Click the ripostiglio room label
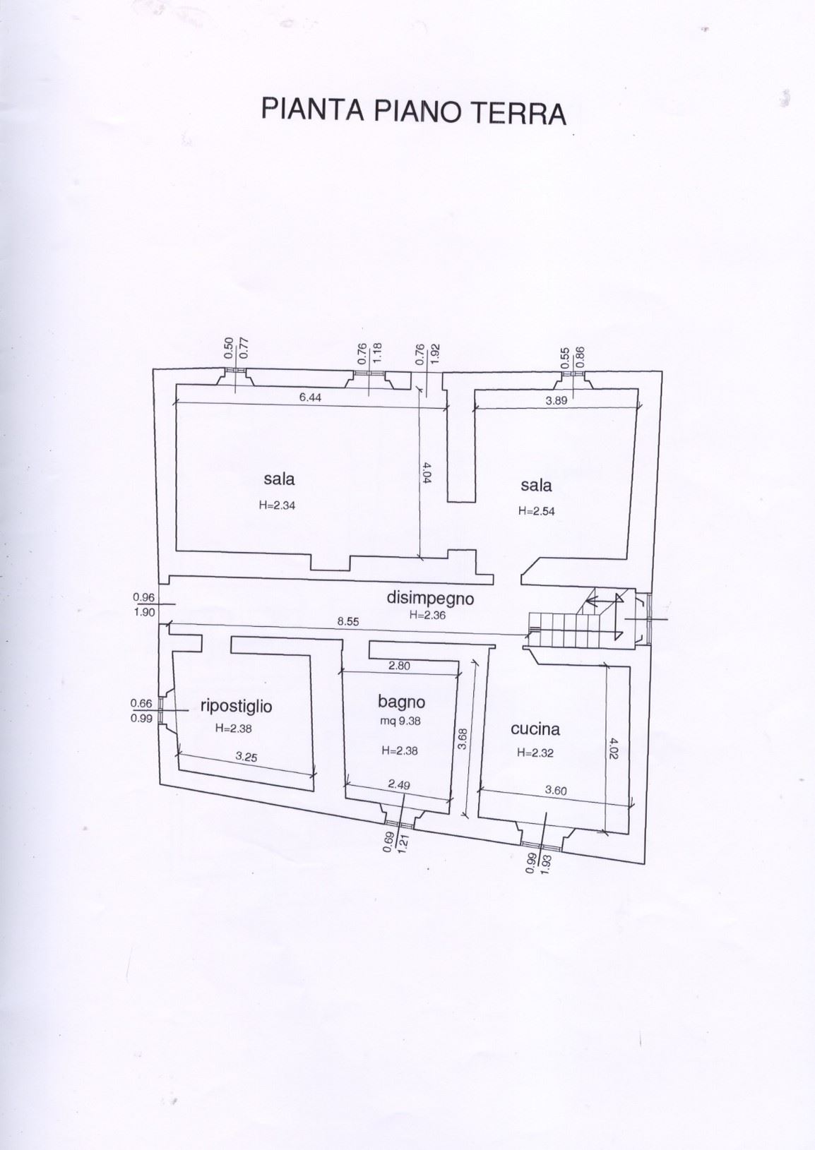(x=237, y=705)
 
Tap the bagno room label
(x=401, y=701)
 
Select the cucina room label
(x=535, y=729)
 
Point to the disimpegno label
(x=429, y=599)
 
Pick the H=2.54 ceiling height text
(x=536, y=510)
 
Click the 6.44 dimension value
(x=310, y=397)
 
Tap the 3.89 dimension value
(x=556, y=400)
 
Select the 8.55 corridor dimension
(x=349, y=621)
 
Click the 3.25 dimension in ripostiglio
(x=246, y=756)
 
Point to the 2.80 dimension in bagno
(x=398, y=666)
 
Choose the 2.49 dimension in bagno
(x=399, y=784)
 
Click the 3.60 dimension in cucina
(x=556, y=791)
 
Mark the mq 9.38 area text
(x=400, y=721)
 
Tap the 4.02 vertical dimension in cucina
(x=614, y=748)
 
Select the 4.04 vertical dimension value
(x=427, y=472)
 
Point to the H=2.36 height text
(x=429, y=615)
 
